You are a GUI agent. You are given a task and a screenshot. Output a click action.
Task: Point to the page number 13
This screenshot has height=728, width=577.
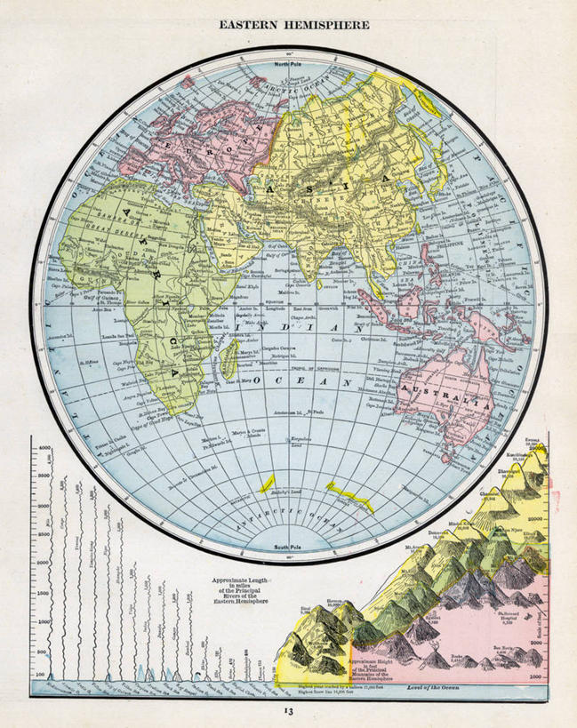coord(288,710)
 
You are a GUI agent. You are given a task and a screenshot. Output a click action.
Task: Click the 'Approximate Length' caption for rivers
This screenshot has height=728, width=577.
coord(236,579)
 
